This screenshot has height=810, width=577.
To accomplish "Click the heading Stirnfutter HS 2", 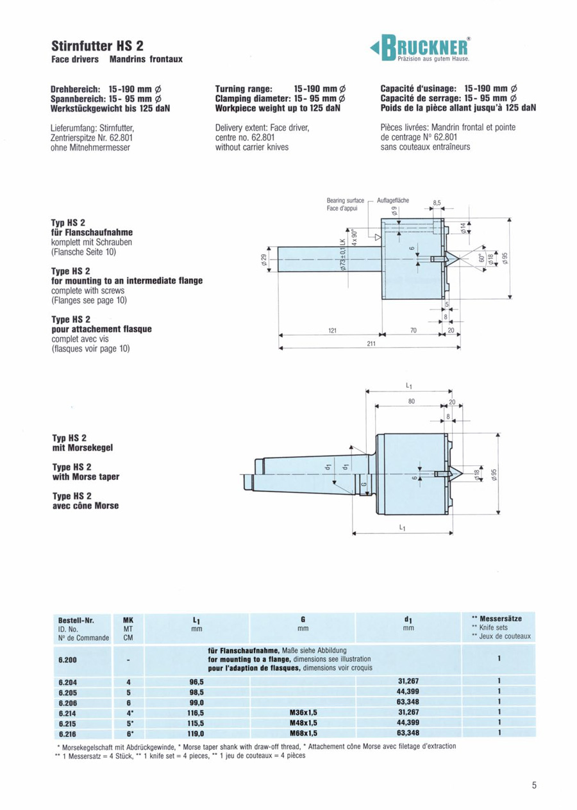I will point(97,46).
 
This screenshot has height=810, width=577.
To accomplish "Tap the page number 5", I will point(533,786).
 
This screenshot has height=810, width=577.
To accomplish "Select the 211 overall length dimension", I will point(371,343).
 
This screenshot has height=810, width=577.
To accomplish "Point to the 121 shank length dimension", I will point(332,331).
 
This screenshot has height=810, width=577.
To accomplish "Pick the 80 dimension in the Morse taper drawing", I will point(412,401).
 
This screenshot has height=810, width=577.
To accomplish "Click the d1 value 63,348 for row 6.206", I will point(408,702).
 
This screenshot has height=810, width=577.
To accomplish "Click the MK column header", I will point(128,620).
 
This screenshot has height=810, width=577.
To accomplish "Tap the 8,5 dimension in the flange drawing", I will point(438,202).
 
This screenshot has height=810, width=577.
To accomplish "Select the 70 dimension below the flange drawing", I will point(414,331).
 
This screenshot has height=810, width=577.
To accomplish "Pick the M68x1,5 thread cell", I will point(302,732).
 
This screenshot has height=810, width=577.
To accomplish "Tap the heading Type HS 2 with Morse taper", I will point(85,472).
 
